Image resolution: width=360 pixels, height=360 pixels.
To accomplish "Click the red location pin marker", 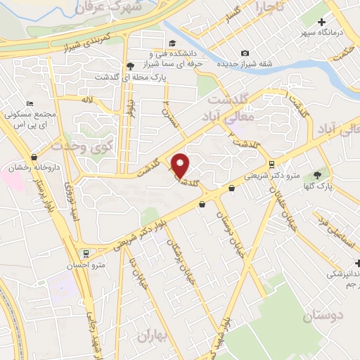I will pyautogui.click(x=181, y=165).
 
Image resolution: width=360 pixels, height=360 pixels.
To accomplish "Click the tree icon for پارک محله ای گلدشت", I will pyautogui.click(x=131, y=66).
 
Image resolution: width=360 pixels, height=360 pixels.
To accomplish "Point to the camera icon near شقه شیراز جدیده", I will pyautogui.click(x=245, y=53).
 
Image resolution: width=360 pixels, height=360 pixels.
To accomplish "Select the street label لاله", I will pyautogui.click(x=87, y=100).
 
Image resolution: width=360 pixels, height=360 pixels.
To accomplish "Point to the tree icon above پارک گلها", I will pyautogui.click(x=318, y=175).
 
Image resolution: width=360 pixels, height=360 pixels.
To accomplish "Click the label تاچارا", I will pyautogui.click(x=272, y=8).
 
